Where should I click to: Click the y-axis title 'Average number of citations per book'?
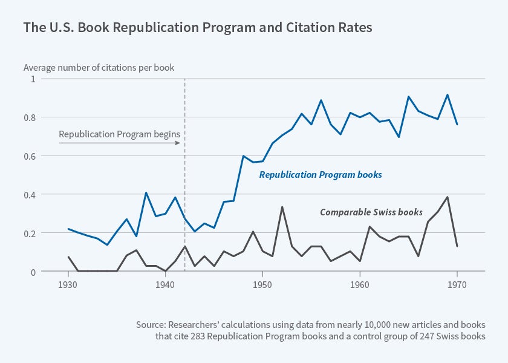(99, 68)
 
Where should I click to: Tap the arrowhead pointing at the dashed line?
(178, 143)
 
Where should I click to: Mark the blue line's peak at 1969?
(447, 95)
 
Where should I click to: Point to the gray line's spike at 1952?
(282, 207)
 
